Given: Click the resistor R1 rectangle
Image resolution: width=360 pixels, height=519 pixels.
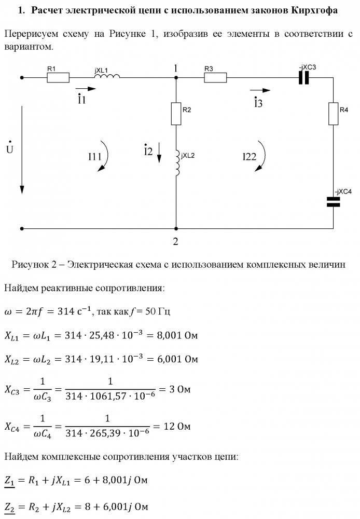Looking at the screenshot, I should pos(58,78).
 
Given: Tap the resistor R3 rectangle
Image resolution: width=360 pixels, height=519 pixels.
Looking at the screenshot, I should pos(215,78).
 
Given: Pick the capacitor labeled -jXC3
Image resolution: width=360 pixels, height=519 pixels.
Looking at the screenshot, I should pos(304,78).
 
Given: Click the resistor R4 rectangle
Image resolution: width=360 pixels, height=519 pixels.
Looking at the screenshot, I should pos(333,114).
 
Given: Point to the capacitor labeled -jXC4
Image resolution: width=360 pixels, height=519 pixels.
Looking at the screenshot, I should pos(333,202).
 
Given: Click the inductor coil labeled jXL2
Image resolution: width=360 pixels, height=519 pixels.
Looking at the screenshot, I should pos(177,163).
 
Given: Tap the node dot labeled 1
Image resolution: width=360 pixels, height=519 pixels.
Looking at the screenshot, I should pos(176,78).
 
